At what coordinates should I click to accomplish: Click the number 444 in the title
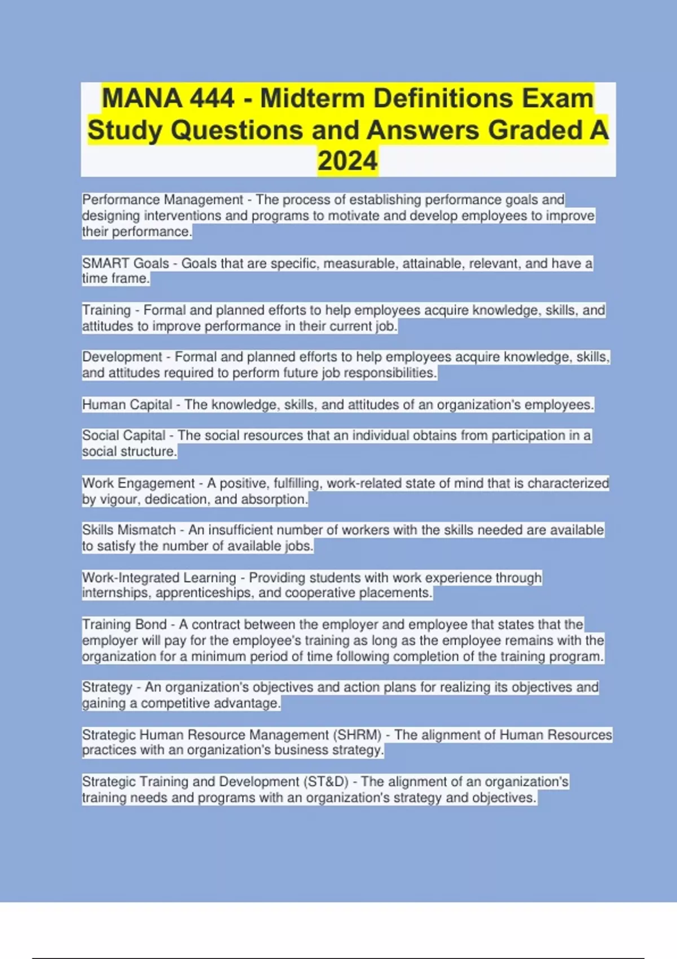(212, 98)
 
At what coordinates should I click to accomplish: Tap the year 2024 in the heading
(348, 161)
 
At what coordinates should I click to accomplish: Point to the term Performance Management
(162, 200)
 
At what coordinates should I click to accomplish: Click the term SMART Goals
(125, 263)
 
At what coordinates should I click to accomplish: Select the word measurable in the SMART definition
(359, 263)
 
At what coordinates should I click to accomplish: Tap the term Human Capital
(127, 404)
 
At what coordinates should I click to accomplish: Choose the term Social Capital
(124, 435)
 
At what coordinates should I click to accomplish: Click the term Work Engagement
(138, 483)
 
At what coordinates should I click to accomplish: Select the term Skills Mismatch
(129, 530)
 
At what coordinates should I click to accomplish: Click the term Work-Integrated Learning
(159, 578)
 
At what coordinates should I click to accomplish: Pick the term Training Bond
(124, 624)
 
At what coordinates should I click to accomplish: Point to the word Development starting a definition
(122, 357)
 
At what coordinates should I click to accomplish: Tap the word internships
(116, 593)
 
